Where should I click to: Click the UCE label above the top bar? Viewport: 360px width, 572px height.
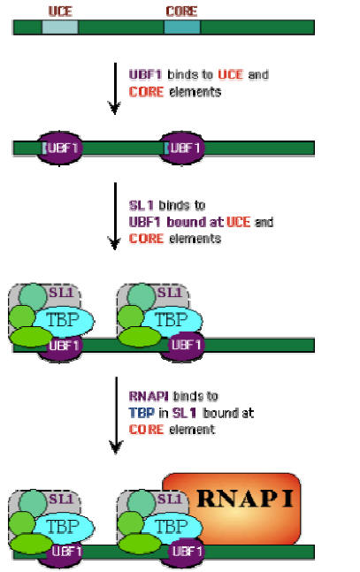tap(60, 11)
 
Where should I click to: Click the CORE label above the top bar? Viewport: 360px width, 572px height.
tap(181, 11)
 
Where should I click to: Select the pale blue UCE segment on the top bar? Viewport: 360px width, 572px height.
tap(60, 27)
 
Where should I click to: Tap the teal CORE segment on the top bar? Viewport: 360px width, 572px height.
tap(182, 27)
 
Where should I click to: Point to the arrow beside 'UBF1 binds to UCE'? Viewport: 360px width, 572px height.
tap(115, 88)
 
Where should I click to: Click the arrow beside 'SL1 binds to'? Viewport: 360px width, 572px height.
tap(115, 216)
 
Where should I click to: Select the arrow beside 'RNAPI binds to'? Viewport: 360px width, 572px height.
tap(116, 416)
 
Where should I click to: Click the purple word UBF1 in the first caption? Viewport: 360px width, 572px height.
tap(145, 75)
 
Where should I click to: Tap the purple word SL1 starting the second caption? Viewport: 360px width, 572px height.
tap(141, 205)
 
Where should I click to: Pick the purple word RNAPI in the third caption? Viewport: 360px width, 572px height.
tap(149, 396)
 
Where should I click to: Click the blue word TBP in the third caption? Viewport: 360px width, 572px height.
tap(142, 413)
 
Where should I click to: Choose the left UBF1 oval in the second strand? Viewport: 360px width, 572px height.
tap(59, 148)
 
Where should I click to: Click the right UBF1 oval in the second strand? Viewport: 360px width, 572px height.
tap(182, 148)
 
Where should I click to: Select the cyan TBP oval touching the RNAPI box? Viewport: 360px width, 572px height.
tap(172, 526)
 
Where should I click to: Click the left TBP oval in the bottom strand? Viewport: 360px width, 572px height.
tap(63, 526)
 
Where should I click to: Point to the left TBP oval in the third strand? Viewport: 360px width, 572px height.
tap(63, 321)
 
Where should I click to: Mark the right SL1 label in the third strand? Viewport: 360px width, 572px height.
tap(170, 293)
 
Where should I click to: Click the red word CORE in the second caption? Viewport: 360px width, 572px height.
tap(146, 239)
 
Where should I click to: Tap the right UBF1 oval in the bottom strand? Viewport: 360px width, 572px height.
tap(186, 552)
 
